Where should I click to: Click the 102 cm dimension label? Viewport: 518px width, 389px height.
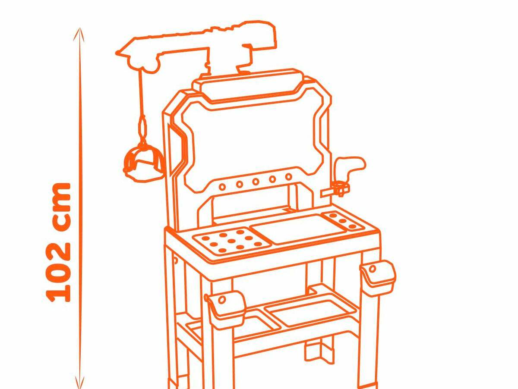58,242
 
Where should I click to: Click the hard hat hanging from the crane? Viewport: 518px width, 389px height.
143,163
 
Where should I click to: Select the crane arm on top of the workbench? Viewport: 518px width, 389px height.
196,47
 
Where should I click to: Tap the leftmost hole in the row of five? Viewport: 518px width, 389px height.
222,187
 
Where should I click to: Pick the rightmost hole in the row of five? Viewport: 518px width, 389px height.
289,176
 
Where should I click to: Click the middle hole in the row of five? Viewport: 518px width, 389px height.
256,182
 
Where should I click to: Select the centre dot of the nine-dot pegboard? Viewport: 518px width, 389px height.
232,241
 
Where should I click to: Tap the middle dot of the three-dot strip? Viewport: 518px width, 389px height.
342,221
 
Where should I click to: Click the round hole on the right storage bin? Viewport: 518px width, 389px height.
372,269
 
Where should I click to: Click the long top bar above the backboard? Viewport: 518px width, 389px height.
248,85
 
